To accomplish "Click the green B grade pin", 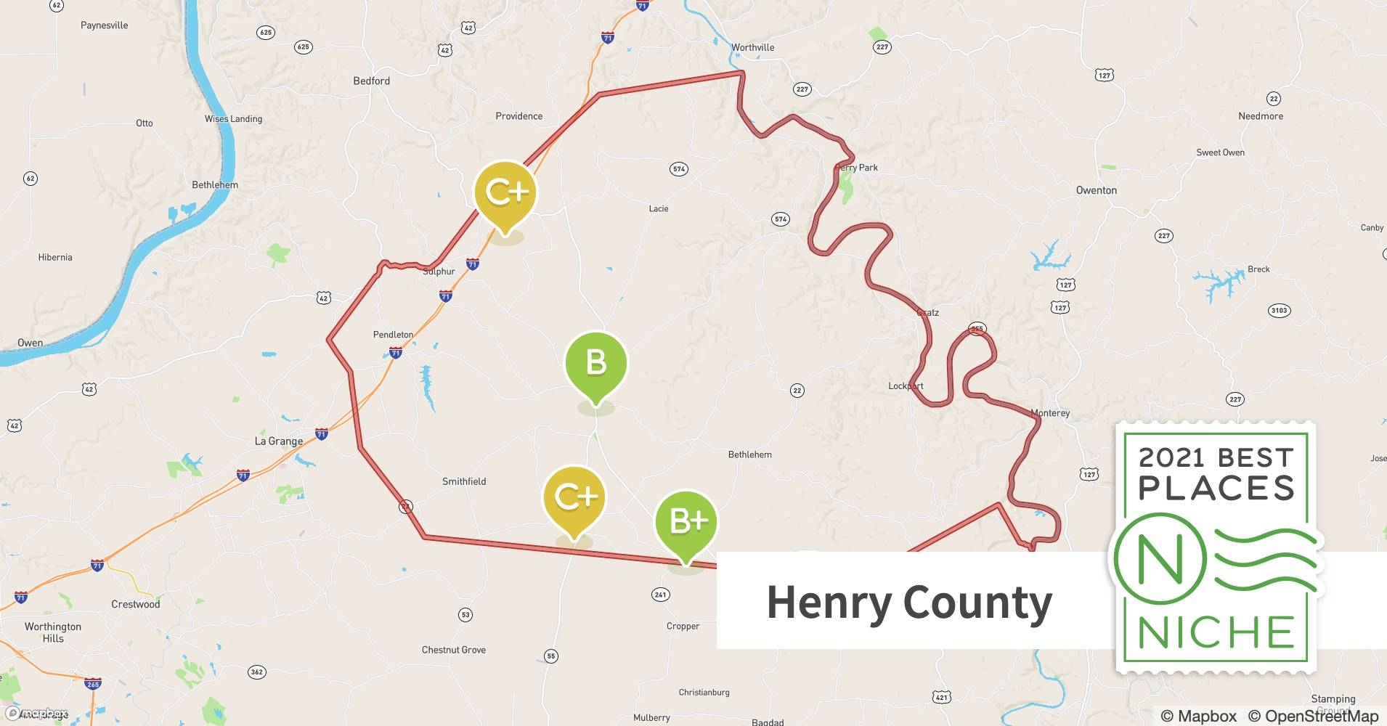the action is (595, 363).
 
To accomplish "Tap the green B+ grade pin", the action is (686, 522).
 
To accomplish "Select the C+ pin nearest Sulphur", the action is (505, 193).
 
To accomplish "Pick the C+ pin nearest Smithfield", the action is (574, 497).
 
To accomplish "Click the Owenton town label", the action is (1096, 190).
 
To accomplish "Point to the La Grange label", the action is (278, 441).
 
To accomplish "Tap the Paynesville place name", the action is (104, 25).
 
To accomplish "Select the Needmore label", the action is (1260, 116).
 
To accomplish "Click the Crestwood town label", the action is (135, 604).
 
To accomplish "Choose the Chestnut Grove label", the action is (453, 650).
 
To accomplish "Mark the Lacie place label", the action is (658, 208).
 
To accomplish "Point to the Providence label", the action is (518, 116).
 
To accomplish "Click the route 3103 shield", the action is (1279, 311).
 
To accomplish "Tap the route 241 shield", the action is (660, 595).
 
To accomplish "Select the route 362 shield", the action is (256, 672).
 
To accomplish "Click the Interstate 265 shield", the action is (93, 684).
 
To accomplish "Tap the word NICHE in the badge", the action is (1216, 632).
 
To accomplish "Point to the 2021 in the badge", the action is (1172, 458).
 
